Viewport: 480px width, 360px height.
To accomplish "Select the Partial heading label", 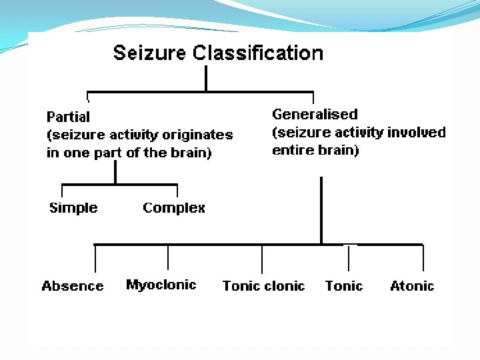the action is pyautogui.click(x=68, y=117).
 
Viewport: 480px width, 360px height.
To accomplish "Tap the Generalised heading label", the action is pyautogui.click(x=315, y=114).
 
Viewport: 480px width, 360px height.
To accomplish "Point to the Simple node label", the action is pyautogui.click(x=73, y=208).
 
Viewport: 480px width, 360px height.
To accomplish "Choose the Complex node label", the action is pyautogui.click(x=174, y=208).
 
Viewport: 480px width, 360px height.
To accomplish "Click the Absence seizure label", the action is pyautogui.click(x=73, y=286).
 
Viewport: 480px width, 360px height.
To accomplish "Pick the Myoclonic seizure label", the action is pyautogui.click(x=161, y=285).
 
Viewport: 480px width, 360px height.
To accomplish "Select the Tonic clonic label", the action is pyautogui.click(x=263, y=286).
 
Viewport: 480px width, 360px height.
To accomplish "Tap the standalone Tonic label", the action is pyautogui.click(x=344, y=286).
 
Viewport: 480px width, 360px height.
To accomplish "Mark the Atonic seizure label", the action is pyautogui.click(x=412, y=286).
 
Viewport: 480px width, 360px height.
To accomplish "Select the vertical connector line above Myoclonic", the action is pyautogui.click(x=167, y=257).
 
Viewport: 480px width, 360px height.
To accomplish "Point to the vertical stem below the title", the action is pyautogui.click(x=206, y=78).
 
